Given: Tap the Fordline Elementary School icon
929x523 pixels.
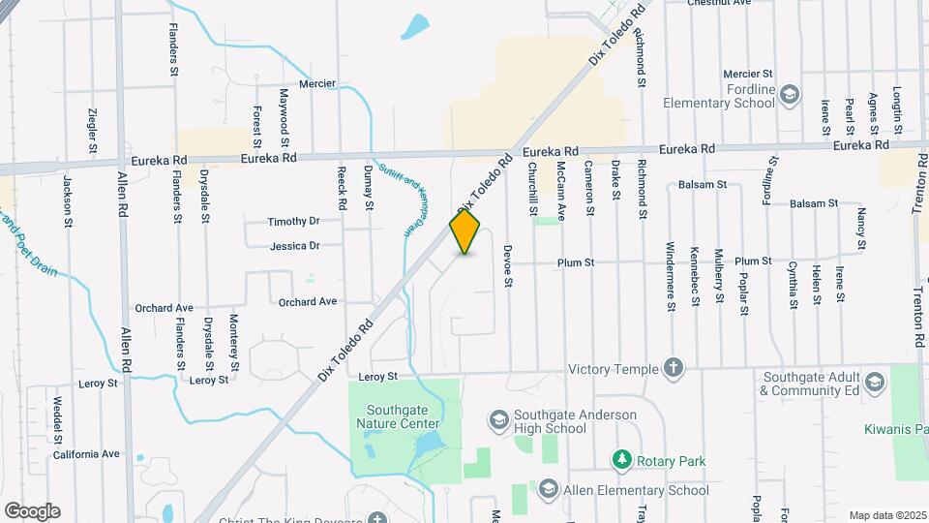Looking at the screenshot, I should [791, 94].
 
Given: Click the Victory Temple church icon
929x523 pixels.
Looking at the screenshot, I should [674, 368].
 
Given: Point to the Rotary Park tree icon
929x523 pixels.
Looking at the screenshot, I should [623, 459].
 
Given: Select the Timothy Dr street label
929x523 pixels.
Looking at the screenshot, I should [293, 221].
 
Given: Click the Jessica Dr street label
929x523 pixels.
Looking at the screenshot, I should [294, 246].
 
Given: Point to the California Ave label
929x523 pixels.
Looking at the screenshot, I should [86, 453].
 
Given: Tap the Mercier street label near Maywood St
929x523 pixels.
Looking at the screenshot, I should [317, 84].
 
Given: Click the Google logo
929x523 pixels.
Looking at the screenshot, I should [32, 510].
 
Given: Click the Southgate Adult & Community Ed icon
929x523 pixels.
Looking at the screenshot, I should [876, 380].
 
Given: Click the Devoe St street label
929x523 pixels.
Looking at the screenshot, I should [507, 264].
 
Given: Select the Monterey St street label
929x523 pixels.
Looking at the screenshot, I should [233, 343].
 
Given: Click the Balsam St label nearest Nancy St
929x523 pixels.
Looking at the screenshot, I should [813, 203].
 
